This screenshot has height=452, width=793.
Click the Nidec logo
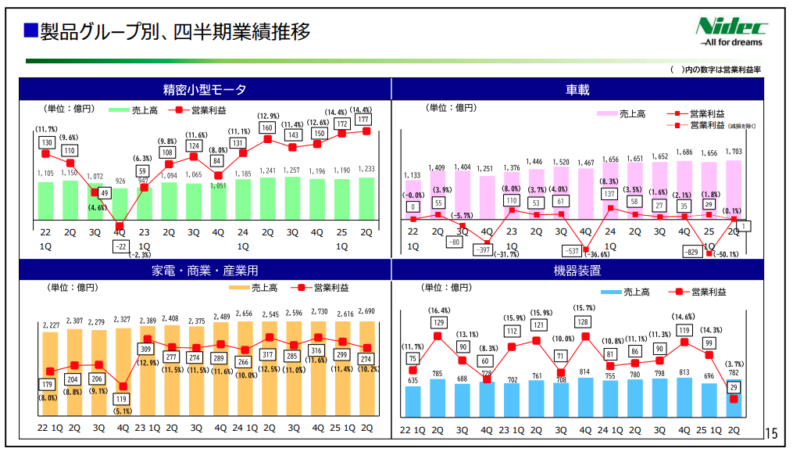point(731,30)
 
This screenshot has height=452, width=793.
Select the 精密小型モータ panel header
point(205,89)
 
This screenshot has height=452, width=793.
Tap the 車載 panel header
point(578,89)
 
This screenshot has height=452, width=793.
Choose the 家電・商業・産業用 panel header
point(205,271)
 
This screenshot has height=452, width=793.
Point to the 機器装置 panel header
point(578,271)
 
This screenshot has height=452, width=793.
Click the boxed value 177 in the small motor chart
point(363,120)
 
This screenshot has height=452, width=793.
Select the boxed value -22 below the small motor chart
point(120,246)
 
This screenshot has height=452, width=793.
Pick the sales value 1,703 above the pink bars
point(734,152)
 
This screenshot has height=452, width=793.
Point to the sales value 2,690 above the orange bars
point(366,311)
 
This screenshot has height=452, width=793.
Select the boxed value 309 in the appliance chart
point(145,349)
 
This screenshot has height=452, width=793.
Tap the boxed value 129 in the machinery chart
point(438,322)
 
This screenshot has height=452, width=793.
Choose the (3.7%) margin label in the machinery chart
point(734,364)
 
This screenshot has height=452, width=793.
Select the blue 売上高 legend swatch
point(610,292)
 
